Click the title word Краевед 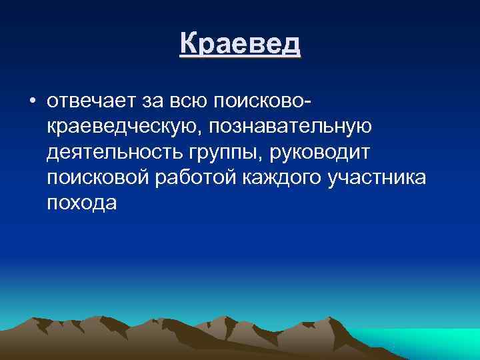click(x=240, y=45)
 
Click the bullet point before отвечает click(x=31, y=101)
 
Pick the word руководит click(x=323, y=152)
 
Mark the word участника click(x=378, y=178)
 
